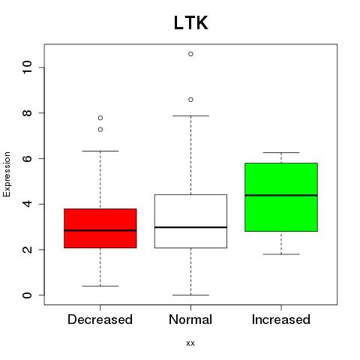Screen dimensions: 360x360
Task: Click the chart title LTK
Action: (191, 23)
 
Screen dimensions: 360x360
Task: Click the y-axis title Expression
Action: (7, 174)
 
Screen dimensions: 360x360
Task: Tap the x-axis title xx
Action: (190, 343)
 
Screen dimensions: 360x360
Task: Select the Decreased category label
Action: (100, 319)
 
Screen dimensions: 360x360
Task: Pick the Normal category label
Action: (190, 319)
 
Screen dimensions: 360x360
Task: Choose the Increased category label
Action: (281, 319)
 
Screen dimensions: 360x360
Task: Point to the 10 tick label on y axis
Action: (27, 67)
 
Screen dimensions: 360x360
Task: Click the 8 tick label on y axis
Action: (27, 113)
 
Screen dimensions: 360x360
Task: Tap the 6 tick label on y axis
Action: (27, 158)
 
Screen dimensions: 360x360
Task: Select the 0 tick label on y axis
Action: (27, 295)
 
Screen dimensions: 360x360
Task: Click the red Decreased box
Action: (100, 228)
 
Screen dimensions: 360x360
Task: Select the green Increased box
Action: (281, 197)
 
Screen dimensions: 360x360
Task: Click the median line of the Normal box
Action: (190, 227)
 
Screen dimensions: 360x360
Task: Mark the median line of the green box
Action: (281, 195)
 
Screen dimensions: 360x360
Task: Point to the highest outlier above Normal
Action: (190, 54)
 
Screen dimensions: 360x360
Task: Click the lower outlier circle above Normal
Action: (190, 100)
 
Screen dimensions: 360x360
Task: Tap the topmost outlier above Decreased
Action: (100, 118)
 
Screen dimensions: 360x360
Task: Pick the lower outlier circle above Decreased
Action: (100, 130)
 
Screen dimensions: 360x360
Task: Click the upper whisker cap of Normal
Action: (190, 115)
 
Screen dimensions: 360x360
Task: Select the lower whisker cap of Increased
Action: (281, 254)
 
